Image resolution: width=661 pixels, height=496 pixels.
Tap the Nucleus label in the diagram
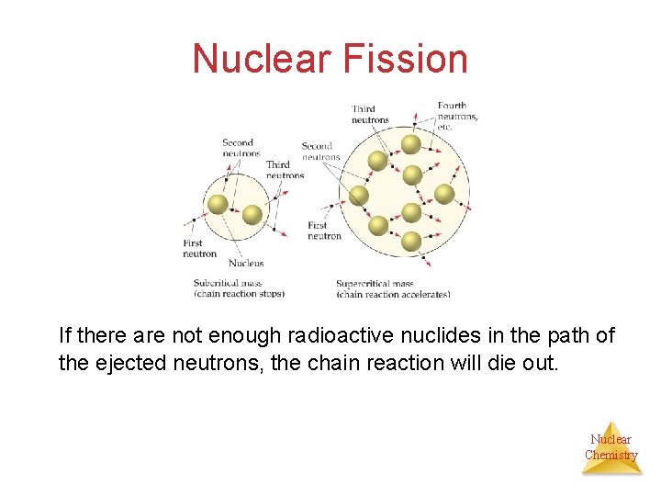(x=245, y=263)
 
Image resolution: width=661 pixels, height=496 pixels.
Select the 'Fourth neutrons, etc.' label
(x=457, y=116)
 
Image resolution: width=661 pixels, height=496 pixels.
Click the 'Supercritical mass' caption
(x=375, y=284)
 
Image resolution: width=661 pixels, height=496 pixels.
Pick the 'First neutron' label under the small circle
(x=199, y=248)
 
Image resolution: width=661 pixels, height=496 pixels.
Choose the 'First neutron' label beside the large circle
(x=324, y=231)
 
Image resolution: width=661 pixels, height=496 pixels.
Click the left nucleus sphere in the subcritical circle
(x=218, y=204)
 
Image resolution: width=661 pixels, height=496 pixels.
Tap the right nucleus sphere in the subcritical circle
(x=252, y=215)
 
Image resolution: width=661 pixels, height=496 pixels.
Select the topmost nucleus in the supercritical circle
(x=411, y=144)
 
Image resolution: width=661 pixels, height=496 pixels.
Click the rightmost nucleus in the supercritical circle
(x=444, y=194)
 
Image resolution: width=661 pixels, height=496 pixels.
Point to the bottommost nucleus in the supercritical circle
(x=411, y=242)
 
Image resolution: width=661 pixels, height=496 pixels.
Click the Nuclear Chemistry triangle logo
(x=611, y=448)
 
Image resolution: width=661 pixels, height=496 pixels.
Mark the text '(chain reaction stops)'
(x=239, y=294)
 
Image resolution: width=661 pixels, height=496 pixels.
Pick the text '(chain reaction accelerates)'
(x=393, y=295)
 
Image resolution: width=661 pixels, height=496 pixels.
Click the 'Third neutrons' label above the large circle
(x=370, y=114)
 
